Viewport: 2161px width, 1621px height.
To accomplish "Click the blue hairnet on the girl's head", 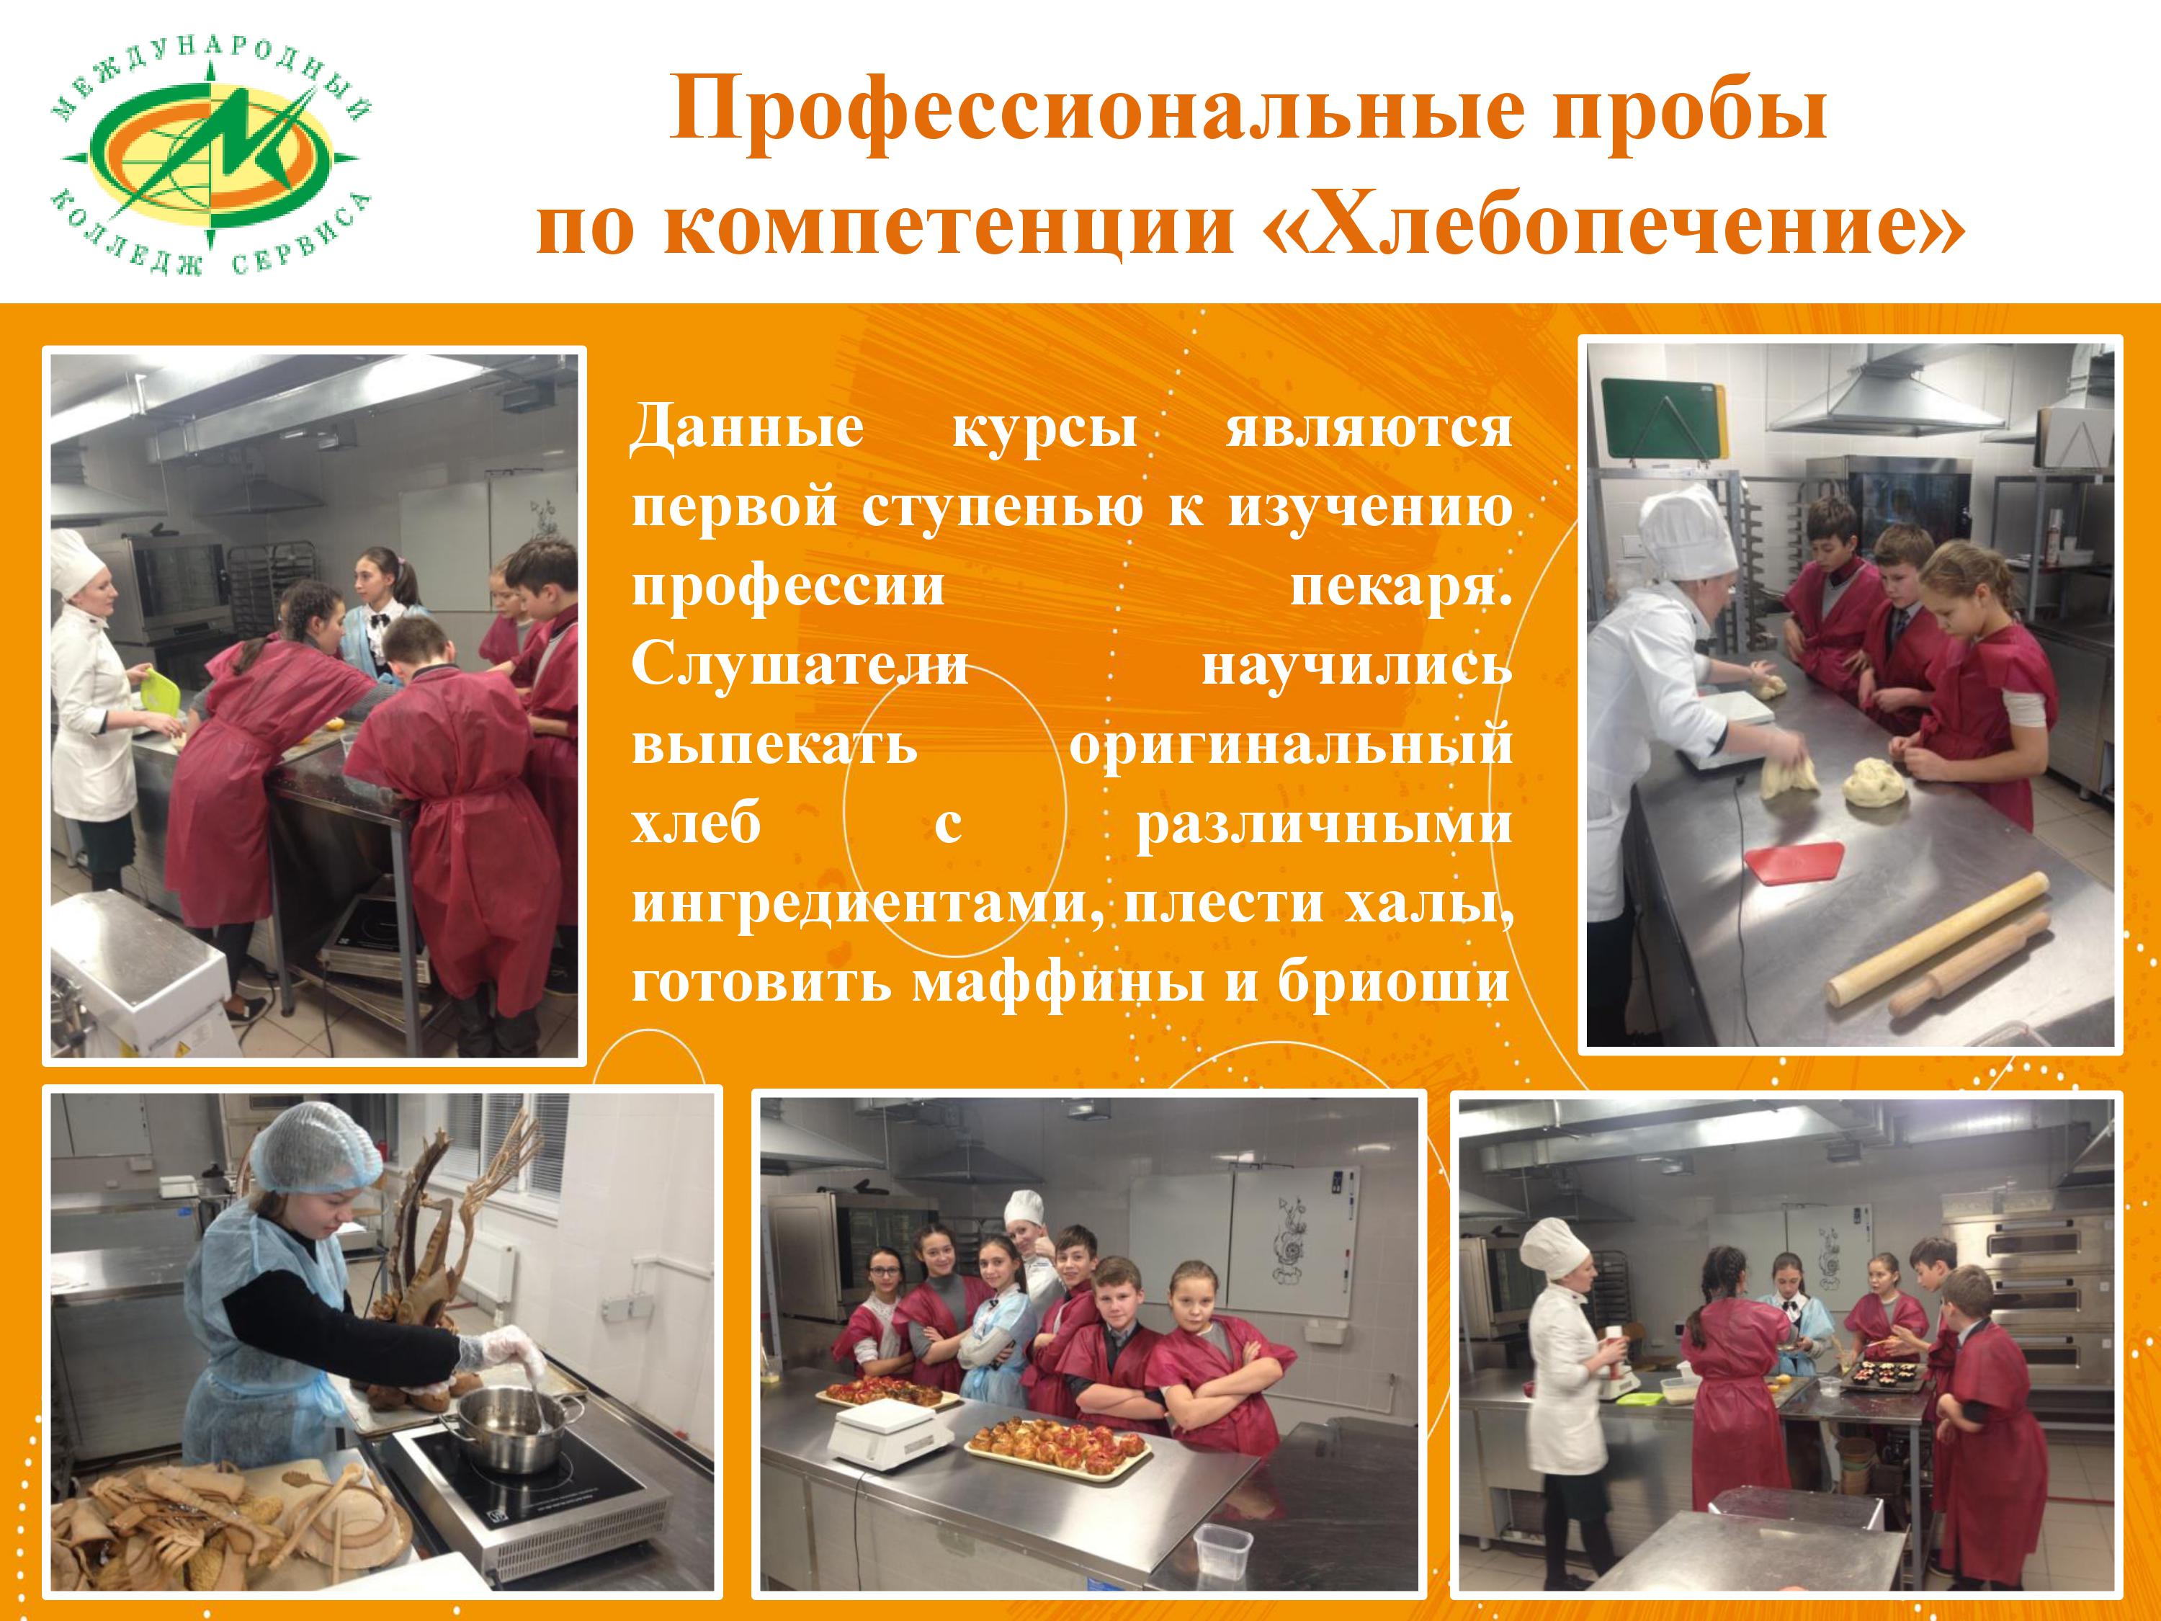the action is [316, 1160].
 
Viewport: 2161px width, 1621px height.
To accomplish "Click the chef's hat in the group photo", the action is [1025, 1207].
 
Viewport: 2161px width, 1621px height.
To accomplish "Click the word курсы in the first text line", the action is [1044, 431].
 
